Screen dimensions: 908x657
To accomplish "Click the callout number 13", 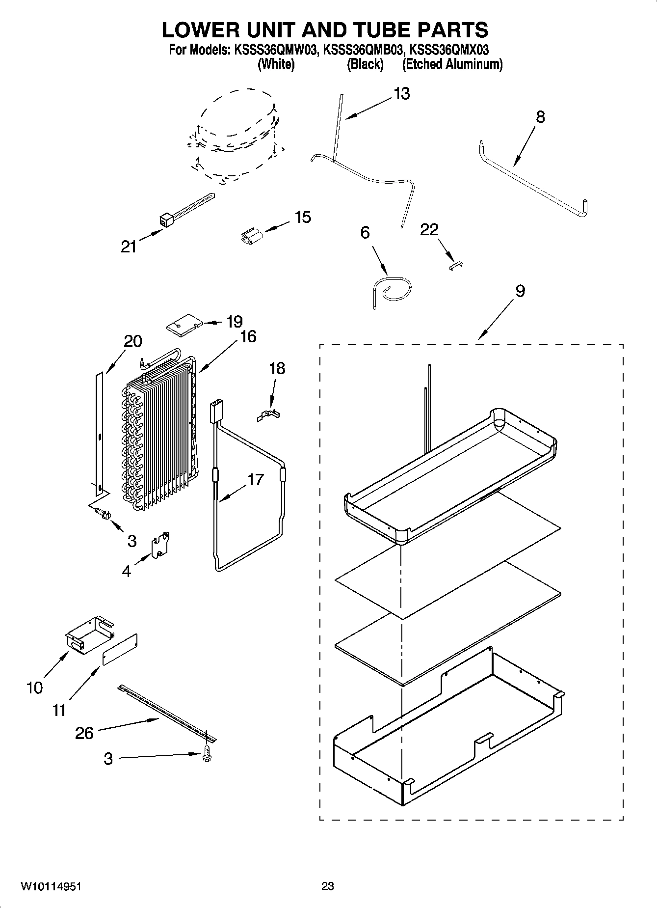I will [402, 93].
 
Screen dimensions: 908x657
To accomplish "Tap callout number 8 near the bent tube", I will [540, 117].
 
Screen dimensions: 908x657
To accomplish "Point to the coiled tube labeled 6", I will [392, 291].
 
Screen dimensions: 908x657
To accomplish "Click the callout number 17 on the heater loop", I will [256, 479].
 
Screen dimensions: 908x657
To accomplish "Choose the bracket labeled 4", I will [160, 546].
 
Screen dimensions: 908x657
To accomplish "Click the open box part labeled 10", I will [88, 636].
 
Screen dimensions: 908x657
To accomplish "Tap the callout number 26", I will [84, 733].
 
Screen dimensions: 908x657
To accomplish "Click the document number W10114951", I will [51, 887].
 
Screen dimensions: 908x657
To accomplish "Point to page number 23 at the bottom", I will [328, 886].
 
